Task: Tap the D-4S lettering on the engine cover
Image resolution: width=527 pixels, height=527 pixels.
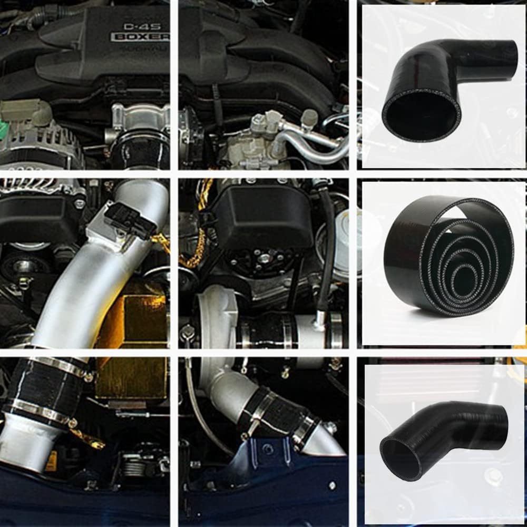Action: click(138, 25)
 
